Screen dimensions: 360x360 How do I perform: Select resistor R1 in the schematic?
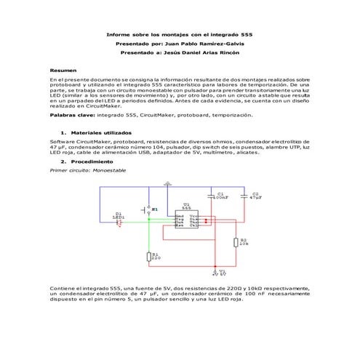click(148, 256)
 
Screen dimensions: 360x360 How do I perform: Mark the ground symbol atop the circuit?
click(167, 185)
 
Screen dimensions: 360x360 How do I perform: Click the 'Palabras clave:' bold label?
click(72, 115)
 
